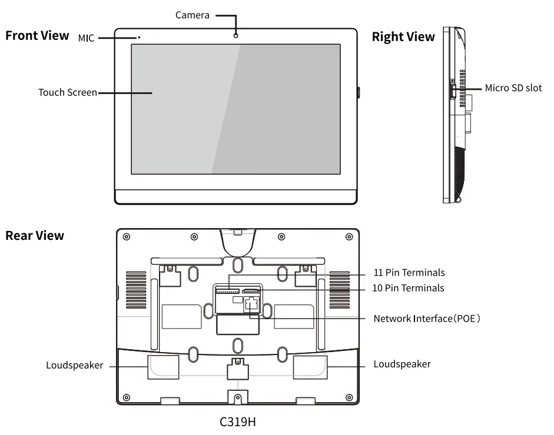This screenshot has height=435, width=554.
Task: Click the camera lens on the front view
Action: (236, 35)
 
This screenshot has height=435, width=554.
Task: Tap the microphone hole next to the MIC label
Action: (139, 38)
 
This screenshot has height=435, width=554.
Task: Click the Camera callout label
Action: (193, 15)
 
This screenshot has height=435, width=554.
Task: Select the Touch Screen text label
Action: (68, 92)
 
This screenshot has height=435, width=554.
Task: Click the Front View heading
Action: (37, 36)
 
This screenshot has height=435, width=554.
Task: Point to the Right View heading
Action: (403, 37)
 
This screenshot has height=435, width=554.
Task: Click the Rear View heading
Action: (35, 236)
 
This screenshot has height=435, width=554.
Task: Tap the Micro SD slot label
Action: (513, 88)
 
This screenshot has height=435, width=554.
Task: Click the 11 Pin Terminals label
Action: (409, 273)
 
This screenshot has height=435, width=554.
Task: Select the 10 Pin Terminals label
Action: (409, 288)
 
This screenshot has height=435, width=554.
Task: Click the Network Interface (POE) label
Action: (427, 319)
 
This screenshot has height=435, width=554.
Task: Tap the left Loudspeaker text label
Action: (75, 365)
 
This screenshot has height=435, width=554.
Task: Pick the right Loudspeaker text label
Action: (402, 364)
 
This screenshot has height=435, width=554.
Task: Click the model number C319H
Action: (238, 421)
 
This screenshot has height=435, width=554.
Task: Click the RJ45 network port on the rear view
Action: (252, 304)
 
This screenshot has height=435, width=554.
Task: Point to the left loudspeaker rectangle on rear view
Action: (162, 367)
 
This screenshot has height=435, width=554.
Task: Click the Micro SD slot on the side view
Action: (452, 91)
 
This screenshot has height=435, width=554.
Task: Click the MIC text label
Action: (87, 38)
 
